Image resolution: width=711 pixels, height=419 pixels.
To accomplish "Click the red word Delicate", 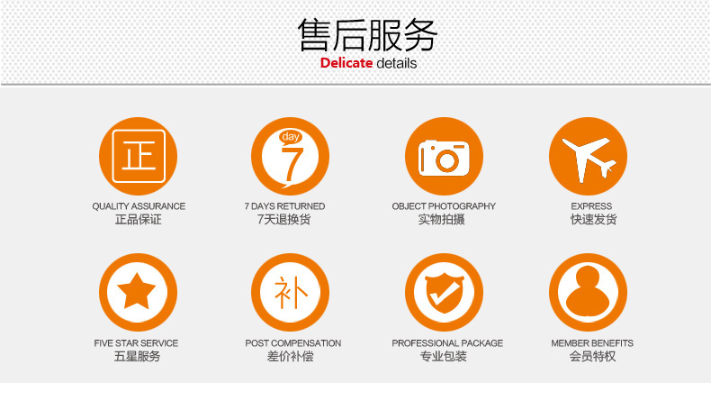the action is click(x=346, y=63).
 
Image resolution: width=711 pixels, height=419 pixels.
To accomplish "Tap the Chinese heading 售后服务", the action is click(x=368, y=34).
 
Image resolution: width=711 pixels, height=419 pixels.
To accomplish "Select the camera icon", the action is click(x=444, y=158).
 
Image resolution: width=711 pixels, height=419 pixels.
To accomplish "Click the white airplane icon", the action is click(x=588, y=158).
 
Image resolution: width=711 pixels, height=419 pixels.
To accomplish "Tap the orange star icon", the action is click(x=136, y=291).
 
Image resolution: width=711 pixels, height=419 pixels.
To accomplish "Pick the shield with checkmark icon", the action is click(x=445, y=293).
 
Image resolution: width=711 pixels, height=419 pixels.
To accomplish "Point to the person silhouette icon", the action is click(x=588, y=292).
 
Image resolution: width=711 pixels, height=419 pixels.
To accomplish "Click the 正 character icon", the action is click(x=139, y=156).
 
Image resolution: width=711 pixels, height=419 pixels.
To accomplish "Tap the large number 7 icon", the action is click(x=292, y=164).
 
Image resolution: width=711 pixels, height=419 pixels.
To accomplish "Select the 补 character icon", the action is click(x=291, y=292).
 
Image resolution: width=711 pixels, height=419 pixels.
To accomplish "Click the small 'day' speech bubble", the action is click(x=291, y=137).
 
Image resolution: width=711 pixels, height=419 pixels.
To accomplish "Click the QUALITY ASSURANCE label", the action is click(x=139, y=206).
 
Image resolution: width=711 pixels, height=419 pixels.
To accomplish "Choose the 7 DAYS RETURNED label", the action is click(x=284, y=206).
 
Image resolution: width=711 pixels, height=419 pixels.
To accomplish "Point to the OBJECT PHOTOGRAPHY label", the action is click(x=444, y=206).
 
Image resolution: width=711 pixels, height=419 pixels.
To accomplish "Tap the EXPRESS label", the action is click(x=591, y=206).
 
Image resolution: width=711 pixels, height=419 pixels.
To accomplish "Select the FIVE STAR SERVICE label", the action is click(x=136, y=343).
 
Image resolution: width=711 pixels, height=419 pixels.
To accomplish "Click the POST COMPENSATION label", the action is click(x=293, y=343).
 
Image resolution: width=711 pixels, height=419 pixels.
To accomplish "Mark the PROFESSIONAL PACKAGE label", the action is click(x=447, y=343).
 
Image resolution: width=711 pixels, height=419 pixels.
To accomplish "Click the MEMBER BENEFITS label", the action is click(x=592, y=343).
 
